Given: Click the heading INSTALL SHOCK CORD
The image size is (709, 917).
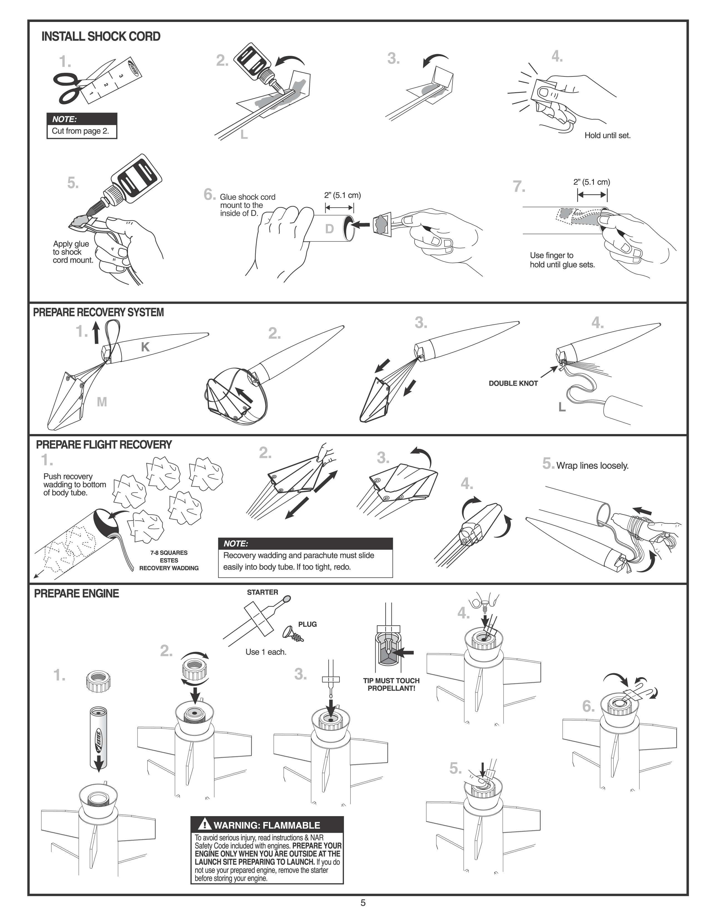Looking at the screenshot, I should (101, 36).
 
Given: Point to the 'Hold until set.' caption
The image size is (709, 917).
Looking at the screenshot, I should (607, 136).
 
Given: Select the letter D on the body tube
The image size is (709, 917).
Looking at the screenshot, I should (329, 229).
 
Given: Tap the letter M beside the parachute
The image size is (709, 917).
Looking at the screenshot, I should (102, 402).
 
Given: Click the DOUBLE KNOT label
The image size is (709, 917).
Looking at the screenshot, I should (513, 383).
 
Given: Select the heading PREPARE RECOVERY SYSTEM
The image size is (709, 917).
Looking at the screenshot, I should (98, 312).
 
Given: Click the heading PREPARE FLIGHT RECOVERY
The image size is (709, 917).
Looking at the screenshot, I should (104, 445).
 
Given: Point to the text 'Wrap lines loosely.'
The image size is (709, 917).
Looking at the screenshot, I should (592, 466).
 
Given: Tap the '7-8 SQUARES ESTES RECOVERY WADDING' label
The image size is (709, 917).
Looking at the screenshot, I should (169, 560).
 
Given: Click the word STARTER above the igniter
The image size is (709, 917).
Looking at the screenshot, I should (262, 592).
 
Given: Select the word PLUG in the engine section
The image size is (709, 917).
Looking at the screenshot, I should (308, 624).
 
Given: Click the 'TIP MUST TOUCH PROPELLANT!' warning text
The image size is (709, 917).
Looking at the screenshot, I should (391, 684).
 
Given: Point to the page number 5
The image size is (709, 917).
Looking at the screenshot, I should (363, 903).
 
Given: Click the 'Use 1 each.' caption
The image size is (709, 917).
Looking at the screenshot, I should (266, 652).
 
